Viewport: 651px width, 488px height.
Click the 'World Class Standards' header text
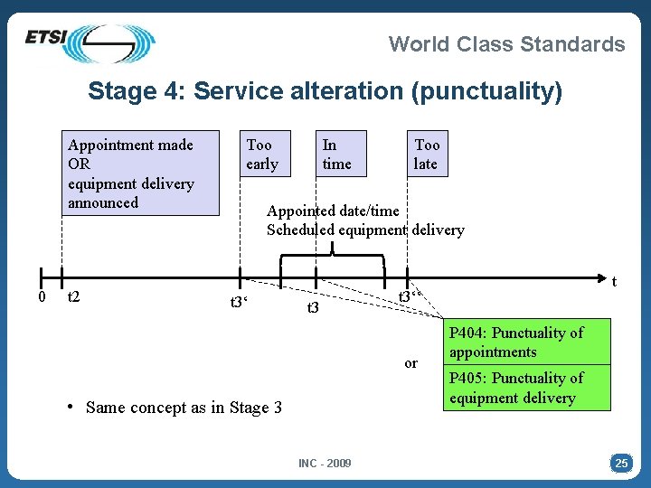click(x=506, y=44)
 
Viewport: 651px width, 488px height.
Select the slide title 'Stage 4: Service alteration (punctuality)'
click(x=325, y=91)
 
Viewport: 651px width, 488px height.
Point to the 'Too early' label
click(x=262, y=155)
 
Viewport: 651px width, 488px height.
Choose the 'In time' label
click(x=336, y=155)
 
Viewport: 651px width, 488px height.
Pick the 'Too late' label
click(x=427, y=155)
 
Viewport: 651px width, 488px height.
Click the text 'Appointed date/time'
click(x=333, y=211)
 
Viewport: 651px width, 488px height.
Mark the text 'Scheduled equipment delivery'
click(x=365, y=230)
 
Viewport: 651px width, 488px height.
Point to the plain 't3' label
click(x=313, y=308)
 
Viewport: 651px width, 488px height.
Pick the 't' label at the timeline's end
click(x=616, y=281)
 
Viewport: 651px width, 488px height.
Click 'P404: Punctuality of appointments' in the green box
click(x=515, y=343)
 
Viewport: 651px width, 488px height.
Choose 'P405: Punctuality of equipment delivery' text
click(x=515, y=388)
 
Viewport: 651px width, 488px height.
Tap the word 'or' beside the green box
click(x=411, y=363)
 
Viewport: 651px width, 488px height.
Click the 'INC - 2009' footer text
click(x=325, y=464)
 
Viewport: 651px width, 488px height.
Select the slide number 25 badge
click(x=621, y=464)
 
